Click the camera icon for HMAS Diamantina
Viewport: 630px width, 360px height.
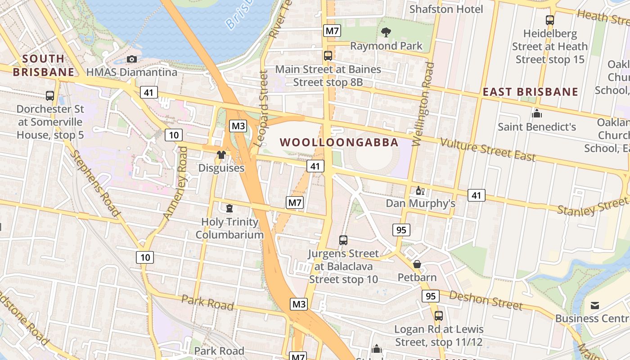pyautogui.click(x=132, y=59)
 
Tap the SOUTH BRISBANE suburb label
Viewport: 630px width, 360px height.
pyautogui.click(x=44, y=65)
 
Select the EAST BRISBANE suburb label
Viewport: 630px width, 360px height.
pyautogui.click(x=530, y=92)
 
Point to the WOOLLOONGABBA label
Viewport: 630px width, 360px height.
pyautogui.click(x=339, y=143)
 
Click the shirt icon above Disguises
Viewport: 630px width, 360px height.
pyautogui.click(x=221, y=155)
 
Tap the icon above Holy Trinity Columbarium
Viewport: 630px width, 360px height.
pyautogui.click(x=229, y=208)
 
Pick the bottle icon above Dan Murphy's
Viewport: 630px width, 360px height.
pyautogui.click(x=420, y=191)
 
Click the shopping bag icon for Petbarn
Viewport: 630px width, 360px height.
pyautogui.click(x=417, y=264)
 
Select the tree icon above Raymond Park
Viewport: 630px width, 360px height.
pyautogui.click(x=386, y=32)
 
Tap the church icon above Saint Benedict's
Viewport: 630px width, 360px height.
pyautogui.click(x=536, y=113)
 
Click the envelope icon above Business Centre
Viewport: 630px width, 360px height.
pyautogui.click(x=595, y=306)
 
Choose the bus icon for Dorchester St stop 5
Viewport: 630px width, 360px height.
pyautogui.click(x=50, y=96)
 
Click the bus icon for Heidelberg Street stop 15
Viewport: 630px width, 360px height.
pyautogui.click(x=549, y=20)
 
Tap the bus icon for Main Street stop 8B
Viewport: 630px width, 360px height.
pyautogui.click(x=328, y=56)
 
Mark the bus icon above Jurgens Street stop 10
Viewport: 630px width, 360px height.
pyautogui.click(x=343, y=240)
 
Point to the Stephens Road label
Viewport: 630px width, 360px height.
pyautogui.click(x=95, y=184)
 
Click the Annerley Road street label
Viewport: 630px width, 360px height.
pyautogui.click(x=175, y=183)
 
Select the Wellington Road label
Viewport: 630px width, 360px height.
pyautogui.click(x=423, y=104)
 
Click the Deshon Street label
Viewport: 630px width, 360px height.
pyautogui.click(x=486, y=300)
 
